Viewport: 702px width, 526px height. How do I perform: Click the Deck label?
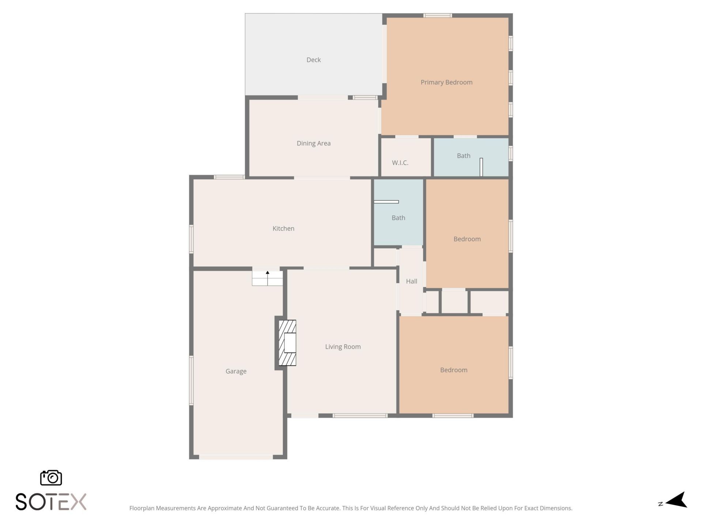(x=313, y=60)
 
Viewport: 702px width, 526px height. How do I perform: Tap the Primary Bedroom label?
(x=446, y=82)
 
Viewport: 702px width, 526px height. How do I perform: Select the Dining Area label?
(x=313, y=143)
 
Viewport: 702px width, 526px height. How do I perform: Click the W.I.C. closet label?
(x=400, y=163)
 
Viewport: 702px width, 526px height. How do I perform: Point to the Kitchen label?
(x=283, y=228)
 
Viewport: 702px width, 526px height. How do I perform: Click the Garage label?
(x=236, y=371)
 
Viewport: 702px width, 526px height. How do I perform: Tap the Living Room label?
(x=343, y=347)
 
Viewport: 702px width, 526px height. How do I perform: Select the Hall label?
(x=411, y=281)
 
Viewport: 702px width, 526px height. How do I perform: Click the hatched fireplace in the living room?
(x=287, y=343)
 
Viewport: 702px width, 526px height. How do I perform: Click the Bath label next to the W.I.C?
(x=463, y=156)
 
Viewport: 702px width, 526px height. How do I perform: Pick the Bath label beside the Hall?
(x=398, y=218)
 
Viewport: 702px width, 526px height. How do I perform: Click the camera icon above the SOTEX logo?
(x=51, y=477)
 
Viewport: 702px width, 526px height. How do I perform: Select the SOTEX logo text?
(x=51, y=502)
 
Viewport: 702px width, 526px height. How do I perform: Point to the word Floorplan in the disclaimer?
(x=142, y=508)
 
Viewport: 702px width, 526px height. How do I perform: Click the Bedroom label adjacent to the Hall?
(x=467, y=239)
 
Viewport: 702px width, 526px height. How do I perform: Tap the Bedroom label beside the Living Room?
(x=453, y=370)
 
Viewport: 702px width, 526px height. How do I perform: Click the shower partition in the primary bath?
(x=481, y=167)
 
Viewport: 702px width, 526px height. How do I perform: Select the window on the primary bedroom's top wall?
(x=438, y=15)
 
